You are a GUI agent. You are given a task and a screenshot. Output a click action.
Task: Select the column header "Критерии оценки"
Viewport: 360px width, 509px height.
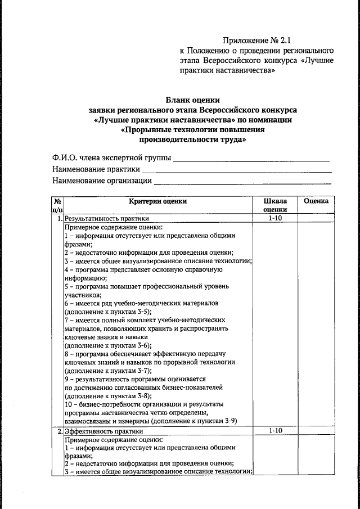(157, 201)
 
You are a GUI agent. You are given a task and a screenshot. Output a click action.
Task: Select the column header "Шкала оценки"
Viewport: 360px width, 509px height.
(274, 205)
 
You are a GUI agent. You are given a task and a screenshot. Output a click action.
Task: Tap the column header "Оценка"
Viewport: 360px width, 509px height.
(316, 201)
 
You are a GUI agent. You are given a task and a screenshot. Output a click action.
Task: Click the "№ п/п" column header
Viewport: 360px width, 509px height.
(57, 205)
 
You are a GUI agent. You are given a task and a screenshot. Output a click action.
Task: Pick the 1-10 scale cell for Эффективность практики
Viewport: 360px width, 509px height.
(274, 431)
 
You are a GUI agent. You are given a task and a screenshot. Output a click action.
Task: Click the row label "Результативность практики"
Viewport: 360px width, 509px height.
(107, 219)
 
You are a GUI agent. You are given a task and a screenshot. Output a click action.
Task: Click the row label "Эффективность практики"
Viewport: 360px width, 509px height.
(103, 431)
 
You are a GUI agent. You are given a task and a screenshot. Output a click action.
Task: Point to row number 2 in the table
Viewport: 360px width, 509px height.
(59, 431)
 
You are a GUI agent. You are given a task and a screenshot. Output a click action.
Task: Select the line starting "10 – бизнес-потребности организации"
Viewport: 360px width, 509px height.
(144, 404)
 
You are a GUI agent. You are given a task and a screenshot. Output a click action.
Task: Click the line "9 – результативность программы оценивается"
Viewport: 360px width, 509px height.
(135, 379)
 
